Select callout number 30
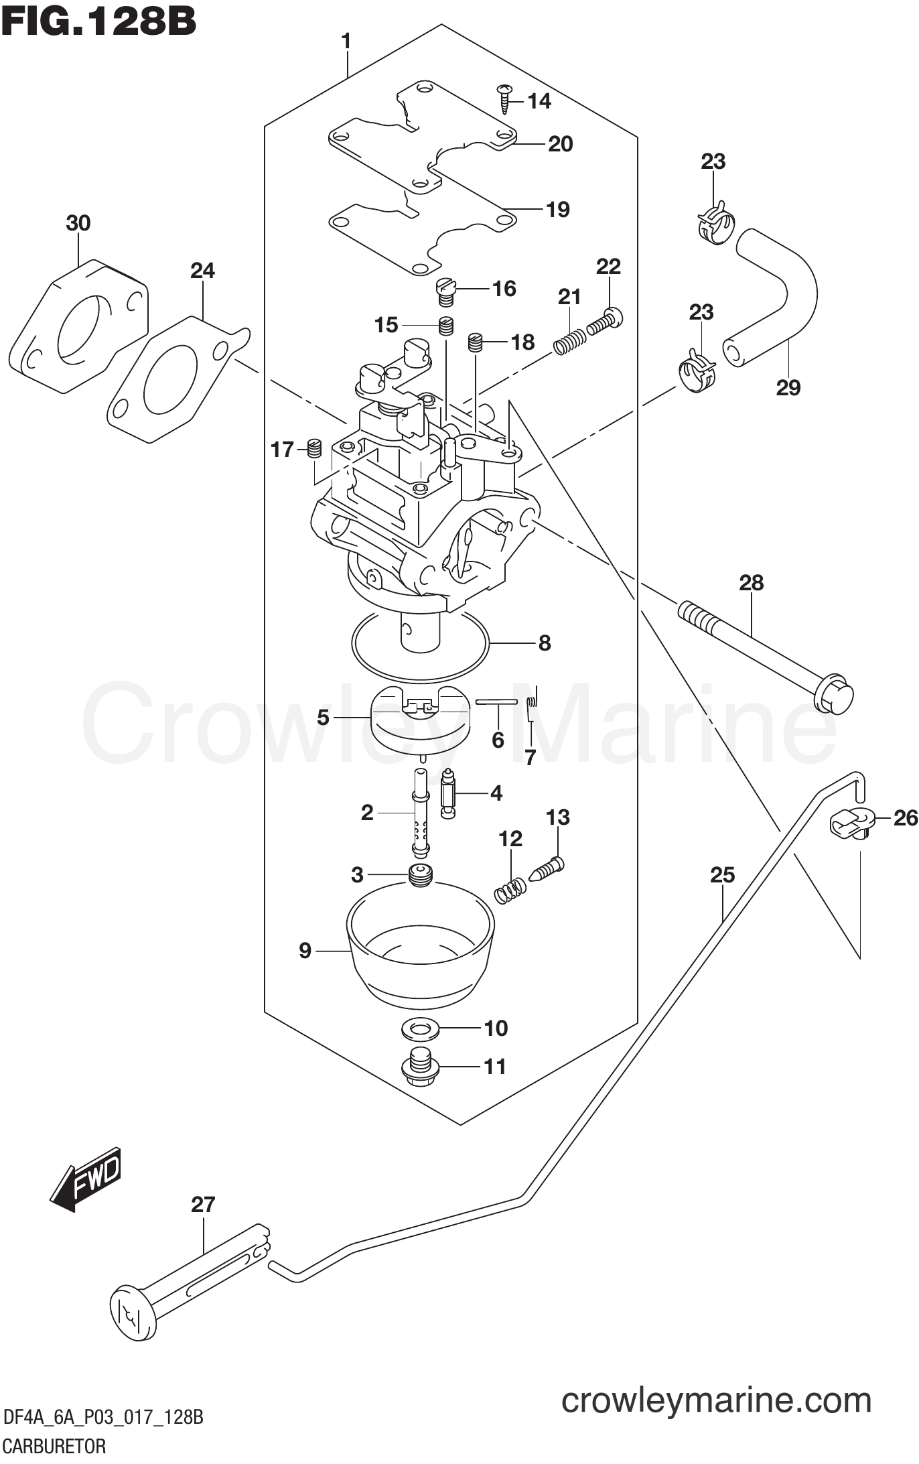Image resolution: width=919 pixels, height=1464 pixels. pyautogui.click(x=78, y=223)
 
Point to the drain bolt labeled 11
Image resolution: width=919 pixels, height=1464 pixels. pyautogui.click(x=421, y=1067)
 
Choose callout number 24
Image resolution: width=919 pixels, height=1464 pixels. pyautogui.click(x=202, y=271)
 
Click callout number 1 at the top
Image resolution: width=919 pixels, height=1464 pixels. pyautogui.click(x=346, y=42)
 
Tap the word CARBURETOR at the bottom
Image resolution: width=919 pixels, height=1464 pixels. pyautogui.click(x=54, y=1447)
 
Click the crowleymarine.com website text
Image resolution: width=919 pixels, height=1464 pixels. pyautogui.click(x=716, y=1399)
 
